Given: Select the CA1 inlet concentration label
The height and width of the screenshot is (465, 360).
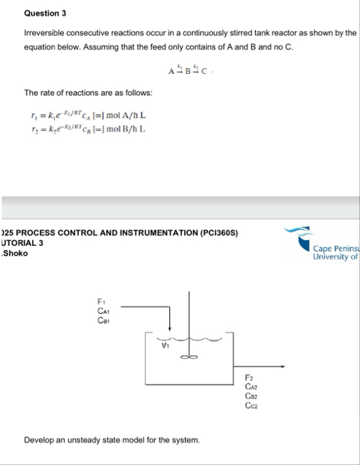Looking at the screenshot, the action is click(x=103, y=310).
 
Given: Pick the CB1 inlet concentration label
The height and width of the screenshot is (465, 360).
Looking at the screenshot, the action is click(x=103, y=319).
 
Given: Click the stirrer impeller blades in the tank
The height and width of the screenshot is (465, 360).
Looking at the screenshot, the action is click(x=189, y=358).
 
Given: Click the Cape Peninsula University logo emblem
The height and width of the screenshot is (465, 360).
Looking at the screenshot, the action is click(x=297, y=234).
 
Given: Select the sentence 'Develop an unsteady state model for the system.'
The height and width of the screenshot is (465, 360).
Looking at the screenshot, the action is click(x=111, y=438).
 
